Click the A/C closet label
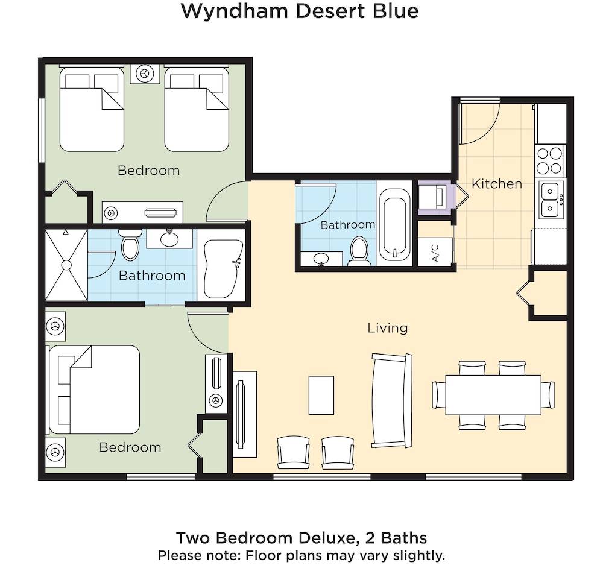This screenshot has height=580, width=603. tap(435, 253)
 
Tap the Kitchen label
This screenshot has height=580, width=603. tap(497, 184)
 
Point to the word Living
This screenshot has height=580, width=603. tap(388, 328)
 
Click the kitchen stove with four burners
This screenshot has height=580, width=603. tap(550, 161)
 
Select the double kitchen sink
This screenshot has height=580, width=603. tap(551, 200)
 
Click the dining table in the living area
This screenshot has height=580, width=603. tap(493, 395)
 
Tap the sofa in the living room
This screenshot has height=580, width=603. tap(391, 400)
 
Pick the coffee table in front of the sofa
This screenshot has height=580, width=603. tap(321, 395)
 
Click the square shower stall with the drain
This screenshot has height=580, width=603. tap(66, 265)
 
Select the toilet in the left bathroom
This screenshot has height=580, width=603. tap(130, 245)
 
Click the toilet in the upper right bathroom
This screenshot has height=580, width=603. tap(359, 251)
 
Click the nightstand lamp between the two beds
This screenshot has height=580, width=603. tap(145, 74)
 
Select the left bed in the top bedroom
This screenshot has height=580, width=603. tap(92, 109)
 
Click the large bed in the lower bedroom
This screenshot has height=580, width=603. tap(93, 389)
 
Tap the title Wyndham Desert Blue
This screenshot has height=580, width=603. tap(300, 11)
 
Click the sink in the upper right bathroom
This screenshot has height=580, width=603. tap(321, 259)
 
